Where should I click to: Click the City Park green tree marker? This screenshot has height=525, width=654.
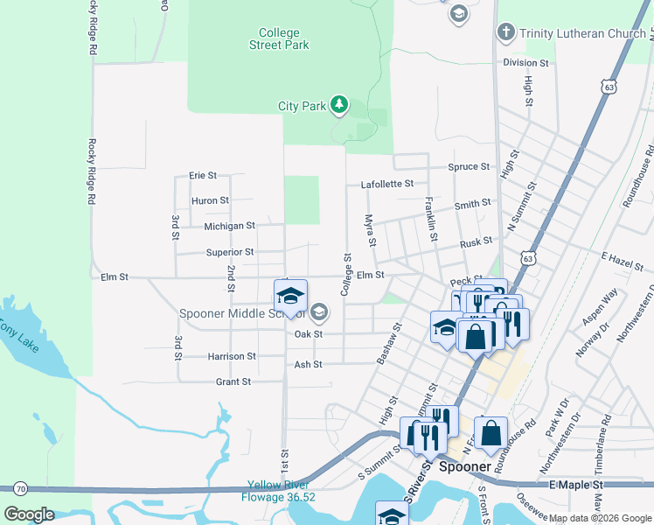(339, 106)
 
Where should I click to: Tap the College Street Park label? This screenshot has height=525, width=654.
(279, 38)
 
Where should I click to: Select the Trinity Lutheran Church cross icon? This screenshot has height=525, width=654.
(504, 33)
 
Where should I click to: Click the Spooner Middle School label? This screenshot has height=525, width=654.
(242, 313)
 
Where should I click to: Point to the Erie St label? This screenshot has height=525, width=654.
(203, 176)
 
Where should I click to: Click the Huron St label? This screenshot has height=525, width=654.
(210, 200)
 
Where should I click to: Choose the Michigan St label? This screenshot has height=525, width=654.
(228, 226)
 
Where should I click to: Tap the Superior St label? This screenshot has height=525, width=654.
(230, 253)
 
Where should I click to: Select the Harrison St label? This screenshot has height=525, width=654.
(232, 357)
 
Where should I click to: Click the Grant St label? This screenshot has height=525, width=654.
(233, 382)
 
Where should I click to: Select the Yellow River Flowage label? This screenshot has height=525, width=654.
(280, 491)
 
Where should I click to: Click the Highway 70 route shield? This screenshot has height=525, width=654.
(20, 487)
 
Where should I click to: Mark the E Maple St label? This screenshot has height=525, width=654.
(576, 485)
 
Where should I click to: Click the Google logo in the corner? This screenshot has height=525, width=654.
(29, 514)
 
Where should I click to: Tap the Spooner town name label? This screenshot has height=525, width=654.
(464, 467)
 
